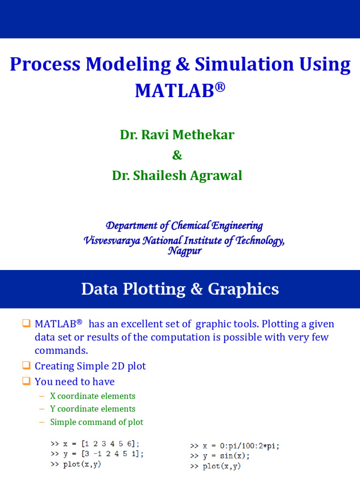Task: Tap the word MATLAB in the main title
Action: [x=174, y=90]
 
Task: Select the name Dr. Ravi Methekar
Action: [x=177, y=135]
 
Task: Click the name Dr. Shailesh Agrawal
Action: [x=177, y=175]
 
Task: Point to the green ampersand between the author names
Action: [x=178, y=155]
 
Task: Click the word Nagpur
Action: [x=185, y=251]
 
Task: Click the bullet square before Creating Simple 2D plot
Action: [x=26, y=366]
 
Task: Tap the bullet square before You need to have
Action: [x=26, y=381]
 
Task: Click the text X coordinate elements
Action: [x=93, y=396]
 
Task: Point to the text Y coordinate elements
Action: [x=93, y=409]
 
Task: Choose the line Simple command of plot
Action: [x=97, y=422]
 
